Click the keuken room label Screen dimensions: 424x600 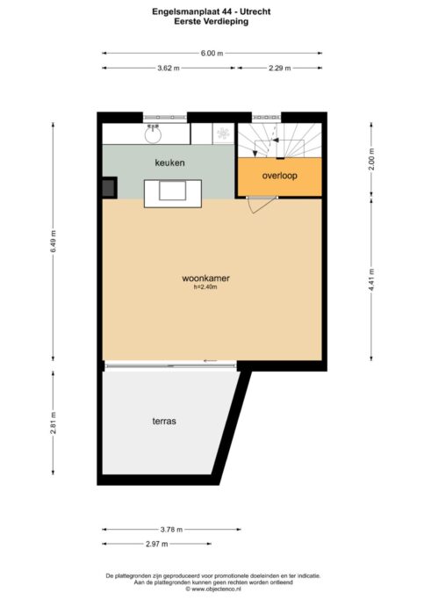(169, 163)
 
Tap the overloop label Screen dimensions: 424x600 (279, 176)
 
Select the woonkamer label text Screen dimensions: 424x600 (205, 278)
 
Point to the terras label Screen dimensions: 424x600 (164, 422)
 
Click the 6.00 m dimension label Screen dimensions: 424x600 (212, 54)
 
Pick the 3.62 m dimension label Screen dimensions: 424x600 (169, 69)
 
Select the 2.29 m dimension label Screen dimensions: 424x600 (279, 69)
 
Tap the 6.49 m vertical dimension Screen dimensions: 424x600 (54, 241)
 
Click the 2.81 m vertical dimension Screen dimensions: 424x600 (54, 423)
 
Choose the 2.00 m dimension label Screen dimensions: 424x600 (371, 159)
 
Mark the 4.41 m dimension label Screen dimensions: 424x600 (371, 279)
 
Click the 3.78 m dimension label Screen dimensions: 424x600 (171, 530)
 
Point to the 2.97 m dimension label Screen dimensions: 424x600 (157, 544)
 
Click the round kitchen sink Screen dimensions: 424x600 (153, 134)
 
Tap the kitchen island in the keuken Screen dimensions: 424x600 (173, 193)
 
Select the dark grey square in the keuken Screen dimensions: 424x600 (110, 188)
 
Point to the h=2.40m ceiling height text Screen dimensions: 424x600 (205, 287)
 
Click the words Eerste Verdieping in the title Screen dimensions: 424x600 (211, 21)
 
